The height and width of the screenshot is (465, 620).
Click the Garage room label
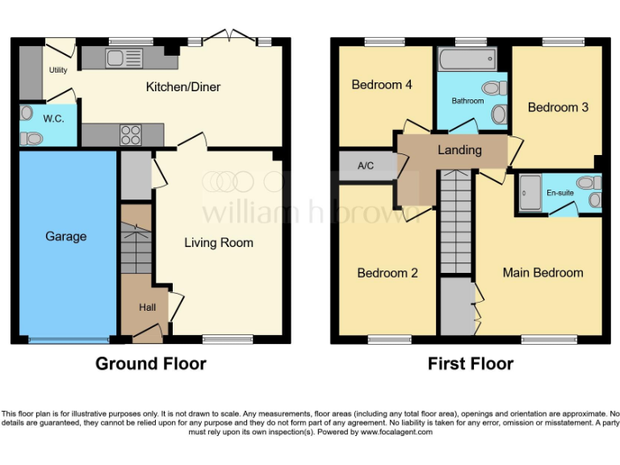[65, 237]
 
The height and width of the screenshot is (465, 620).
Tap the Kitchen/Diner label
[182, 87]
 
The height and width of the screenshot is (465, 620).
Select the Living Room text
[218, 242]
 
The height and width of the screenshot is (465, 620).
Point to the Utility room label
[58, 70]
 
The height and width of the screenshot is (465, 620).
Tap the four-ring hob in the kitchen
[130, 134]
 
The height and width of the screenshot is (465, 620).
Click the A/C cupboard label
[366, 165]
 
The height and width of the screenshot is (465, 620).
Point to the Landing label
[459, 150]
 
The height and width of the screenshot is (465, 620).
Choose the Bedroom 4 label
[382, 85]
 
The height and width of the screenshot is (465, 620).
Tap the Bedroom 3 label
[558, 107]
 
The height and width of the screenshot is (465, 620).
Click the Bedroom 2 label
[387, 273]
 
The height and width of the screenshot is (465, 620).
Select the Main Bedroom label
[542, 273]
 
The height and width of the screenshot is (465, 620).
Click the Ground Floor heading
[150, 364]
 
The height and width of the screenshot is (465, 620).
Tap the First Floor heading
[470, 364]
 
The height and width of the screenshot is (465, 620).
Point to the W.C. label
[53, 119]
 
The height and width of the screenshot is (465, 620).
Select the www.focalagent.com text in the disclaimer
[396, 433]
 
